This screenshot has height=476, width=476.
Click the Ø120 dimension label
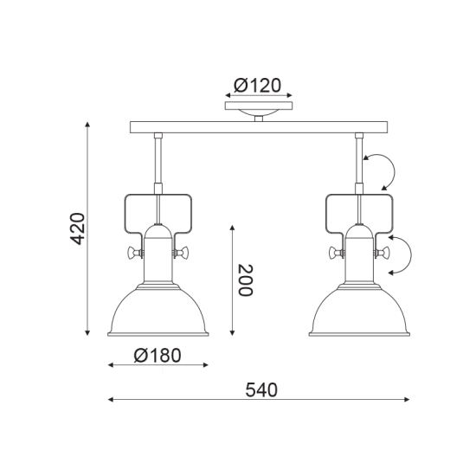(x=259, y=86)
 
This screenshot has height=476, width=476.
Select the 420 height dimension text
(x=77, y=228)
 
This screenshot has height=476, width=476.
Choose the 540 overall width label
(x=261, y=389)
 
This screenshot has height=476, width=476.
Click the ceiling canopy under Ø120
(x=259, y=109)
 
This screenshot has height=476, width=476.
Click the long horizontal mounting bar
(x=259, y=128)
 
